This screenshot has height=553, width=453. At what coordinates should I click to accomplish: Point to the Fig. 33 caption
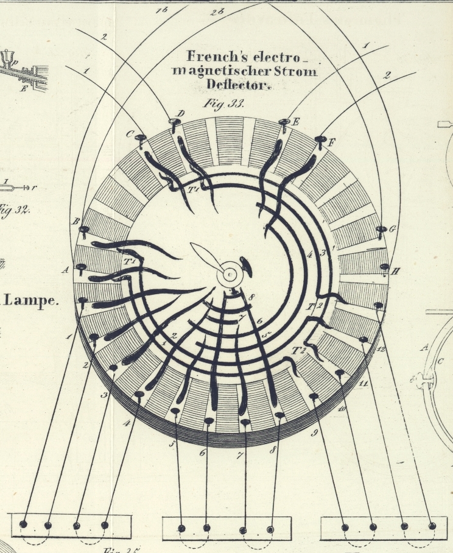[223, 104]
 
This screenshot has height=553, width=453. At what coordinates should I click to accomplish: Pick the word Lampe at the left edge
[35, 300]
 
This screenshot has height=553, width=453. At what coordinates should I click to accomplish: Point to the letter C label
[130, 134]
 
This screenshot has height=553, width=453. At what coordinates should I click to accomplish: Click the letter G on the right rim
[393, 229]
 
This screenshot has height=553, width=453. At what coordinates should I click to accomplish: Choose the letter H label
[395, 272]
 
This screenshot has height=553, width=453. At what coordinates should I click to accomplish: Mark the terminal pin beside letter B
[84, 230]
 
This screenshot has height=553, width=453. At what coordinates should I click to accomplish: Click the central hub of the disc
[230, 275]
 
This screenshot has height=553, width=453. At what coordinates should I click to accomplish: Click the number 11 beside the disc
[364, 384]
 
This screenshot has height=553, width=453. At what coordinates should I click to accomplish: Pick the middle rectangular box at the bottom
[226, 527]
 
